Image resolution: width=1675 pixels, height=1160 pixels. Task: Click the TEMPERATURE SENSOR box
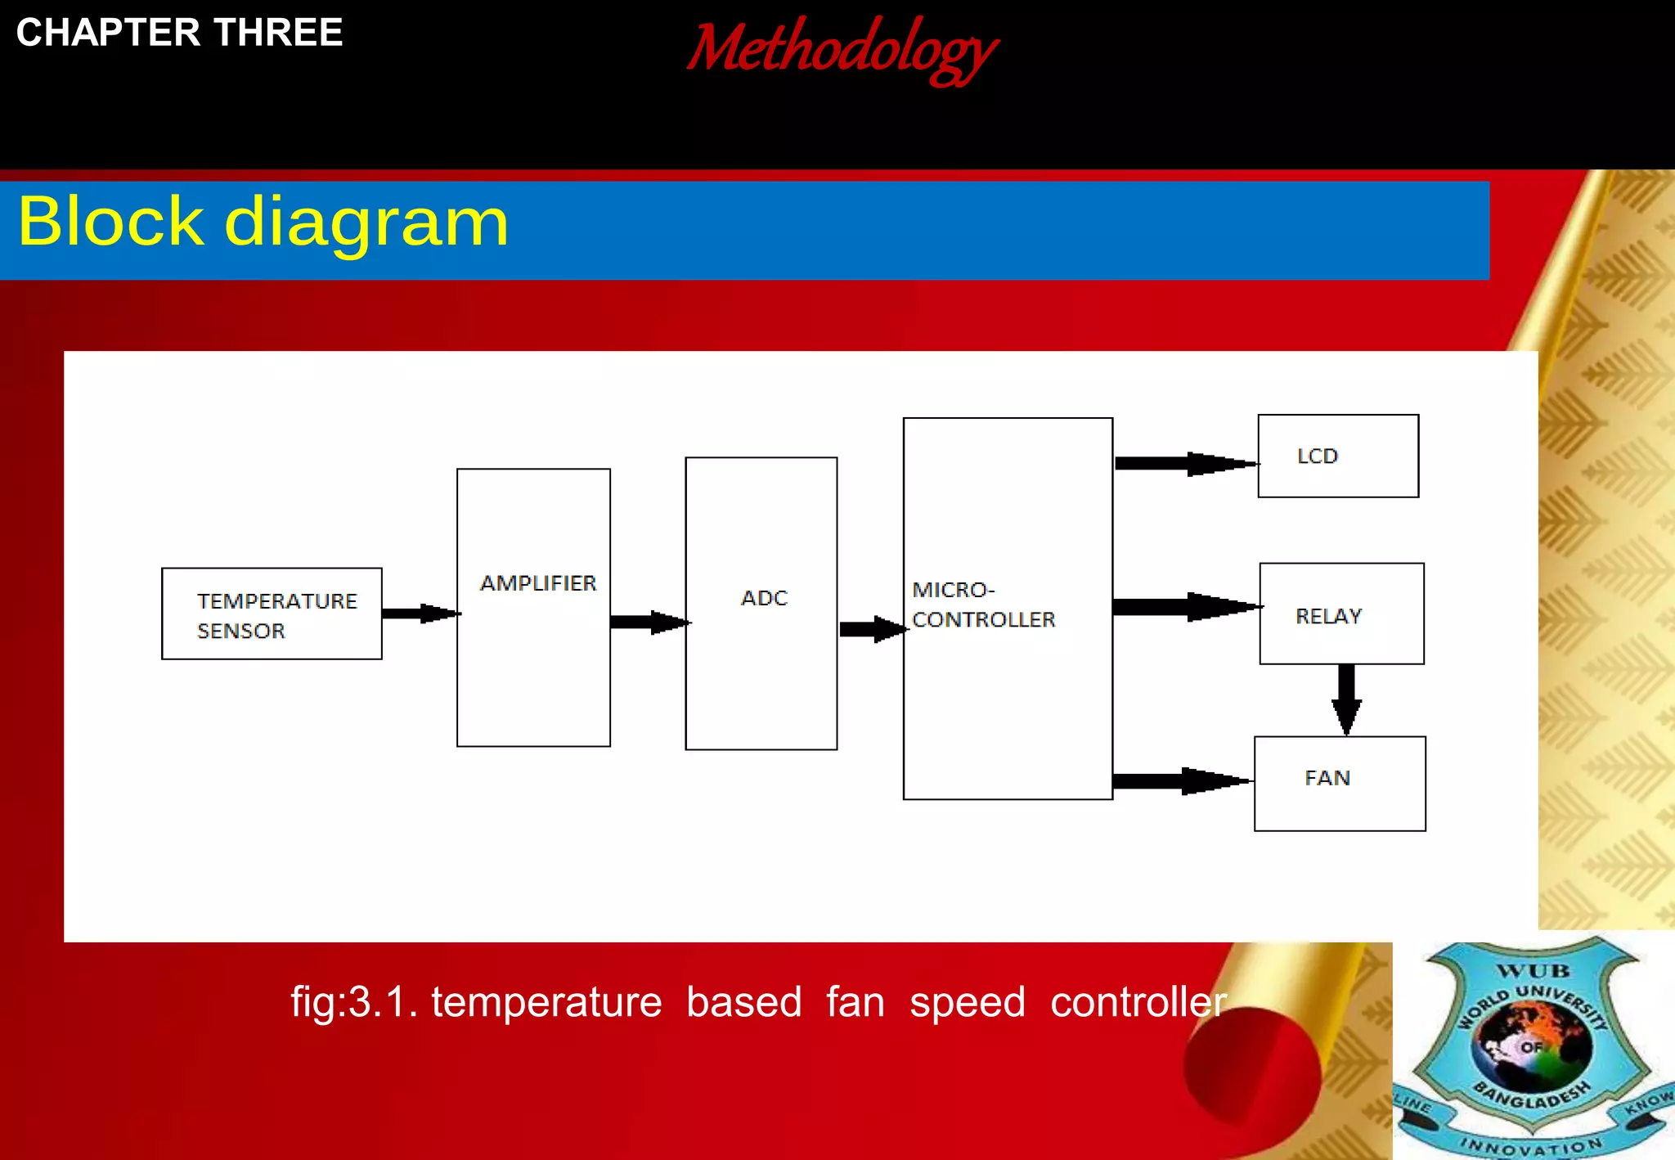[x=272, y=614]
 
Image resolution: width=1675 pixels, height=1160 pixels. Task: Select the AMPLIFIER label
[x=538, y=583]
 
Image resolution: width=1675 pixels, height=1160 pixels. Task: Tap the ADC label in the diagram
[x=764, y=598]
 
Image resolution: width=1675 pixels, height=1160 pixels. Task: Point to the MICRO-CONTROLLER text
[x=983, y=605]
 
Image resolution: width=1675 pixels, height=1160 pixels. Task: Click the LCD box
[x=1338, y=456]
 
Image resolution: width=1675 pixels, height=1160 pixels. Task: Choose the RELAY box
[x=1341, y=614]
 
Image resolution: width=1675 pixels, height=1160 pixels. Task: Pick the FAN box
[x=1340, y=783]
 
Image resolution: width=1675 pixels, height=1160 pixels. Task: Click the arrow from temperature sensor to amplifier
[x=420, y=614]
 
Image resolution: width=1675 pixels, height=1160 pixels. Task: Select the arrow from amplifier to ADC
[x=649, y=622]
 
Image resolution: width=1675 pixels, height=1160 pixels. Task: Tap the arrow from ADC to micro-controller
[x=872, y=628]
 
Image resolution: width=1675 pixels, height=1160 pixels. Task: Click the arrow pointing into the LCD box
[x=1186, y=464]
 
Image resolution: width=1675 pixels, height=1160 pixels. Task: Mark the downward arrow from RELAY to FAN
[x=1346, y=699]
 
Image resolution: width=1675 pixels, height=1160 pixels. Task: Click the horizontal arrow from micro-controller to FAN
[x=1183, y=781]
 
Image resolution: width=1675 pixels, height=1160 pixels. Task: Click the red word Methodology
[x=842, y=49]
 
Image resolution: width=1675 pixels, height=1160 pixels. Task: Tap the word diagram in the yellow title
[x=366, y=222]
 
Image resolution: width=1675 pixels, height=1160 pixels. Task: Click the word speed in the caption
[x=968, y=1002]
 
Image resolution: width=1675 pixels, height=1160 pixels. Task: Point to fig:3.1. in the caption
[x=354, y=1002]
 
